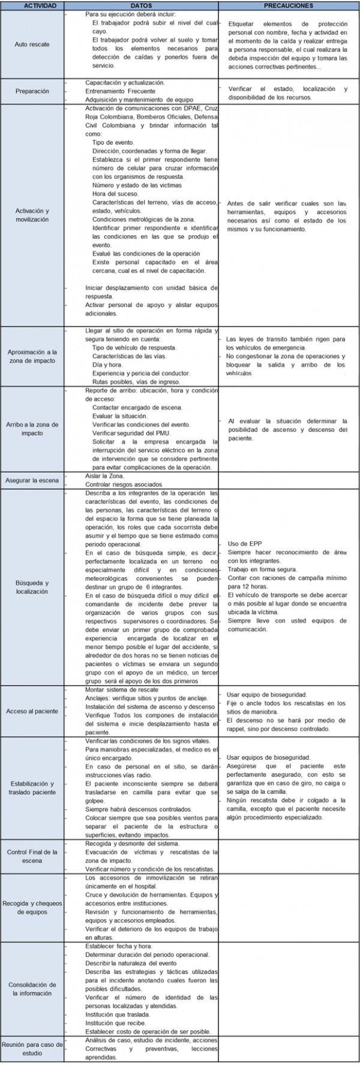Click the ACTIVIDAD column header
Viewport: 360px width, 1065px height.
[x=32, y=5]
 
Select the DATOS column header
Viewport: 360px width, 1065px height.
[x=140, y=5]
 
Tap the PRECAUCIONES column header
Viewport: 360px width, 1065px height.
[x=289, y=5]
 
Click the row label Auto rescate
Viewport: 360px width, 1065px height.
[x=32, y=44]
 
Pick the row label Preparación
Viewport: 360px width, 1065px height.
[x=32, y=91]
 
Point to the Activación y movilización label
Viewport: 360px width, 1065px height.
[x=32, y=215]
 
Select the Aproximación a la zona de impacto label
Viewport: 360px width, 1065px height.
[x=32, y=356]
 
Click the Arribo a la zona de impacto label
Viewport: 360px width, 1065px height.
[x=32, y=429]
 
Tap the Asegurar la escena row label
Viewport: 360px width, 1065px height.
[x=32, y=480]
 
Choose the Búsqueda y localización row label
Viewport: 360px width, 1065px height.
[x=32, y=587]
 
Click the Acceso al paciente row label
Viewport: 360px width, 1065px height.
[x=32, y=711]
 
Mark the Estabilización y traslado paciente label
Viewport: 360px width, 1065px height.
[x=32, y=788]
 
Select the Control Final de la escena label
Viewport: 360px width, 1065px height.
[x=32, y=856]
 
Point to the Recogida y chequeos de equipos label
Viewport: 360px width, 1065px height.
[x=32, y=908]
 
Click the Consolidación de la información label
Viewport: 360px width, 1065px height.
[x=32, y=989]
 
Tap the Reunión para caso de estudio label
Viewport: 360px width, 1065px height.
[x=32, y=1048]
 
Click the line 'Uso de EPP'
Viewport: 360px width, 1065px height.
[x=245, y=544]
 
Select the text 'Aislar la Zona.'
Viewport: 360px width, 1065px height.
[x=105, y=476]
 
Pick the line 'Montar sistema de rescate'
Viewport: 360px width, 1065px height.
[x=122, y=690]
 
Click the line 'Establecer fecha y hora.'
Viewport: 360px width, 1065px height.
[x=118, y=946]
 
